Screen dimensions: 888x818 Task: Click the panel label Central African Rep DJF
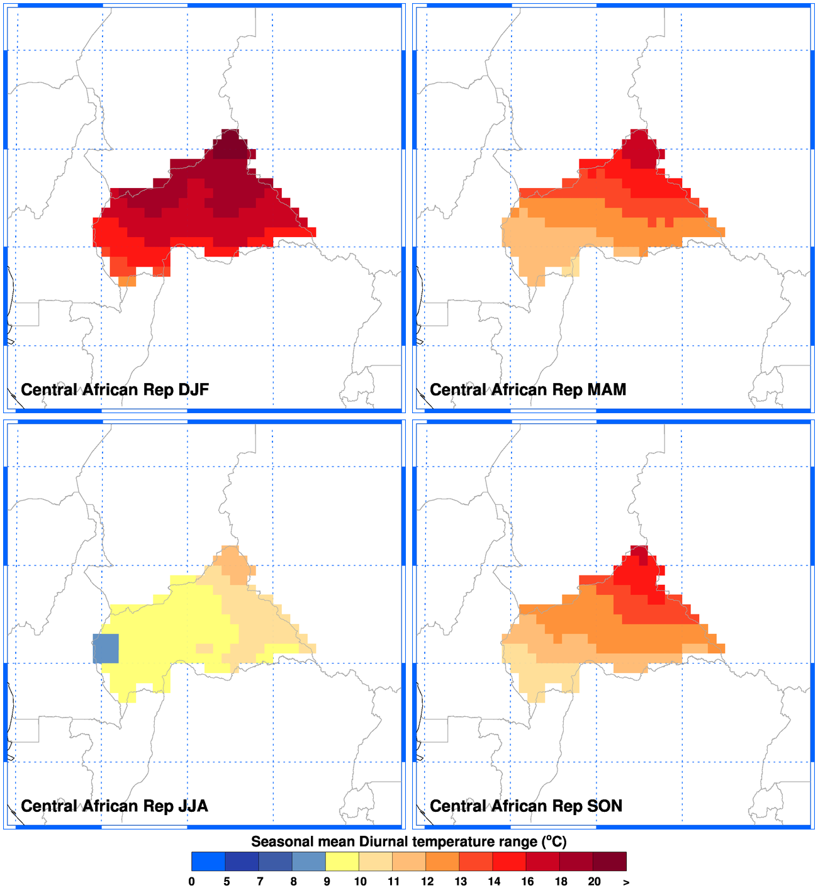[115, 390]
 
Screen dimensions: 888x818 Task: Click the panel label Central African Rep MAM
[527, 390]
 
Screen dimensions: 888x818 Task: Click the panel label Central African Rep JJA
[114, 806]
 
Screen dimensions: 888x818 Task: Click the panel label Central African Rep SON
[525, 806]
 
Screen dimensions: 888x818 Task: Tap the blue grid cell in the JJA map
[106, 648]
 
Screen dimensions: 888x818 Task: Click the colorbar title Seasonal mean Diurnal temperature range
[409, 841]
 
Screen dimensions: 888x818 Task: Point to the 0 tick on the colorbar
[191, 881]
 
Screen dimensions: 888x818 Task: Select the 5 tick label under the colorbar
[227, 881]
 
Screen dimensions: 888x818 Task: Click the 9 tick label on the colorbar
[327, 881]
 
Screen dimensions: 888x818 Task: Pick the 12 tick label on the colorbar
[427, 881]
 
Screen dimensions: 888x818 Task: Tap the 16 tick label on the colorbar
[527, 881]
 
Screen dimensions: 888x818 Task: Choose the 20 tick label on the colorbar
[594, 881]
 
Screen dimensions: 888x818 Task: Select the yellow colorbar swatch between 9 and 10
[342, 861]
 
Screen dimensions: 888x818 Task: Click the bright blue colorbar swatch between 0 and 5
[208, 861]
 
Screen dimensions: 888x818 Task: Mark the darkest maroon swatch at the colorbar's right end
[610, 861]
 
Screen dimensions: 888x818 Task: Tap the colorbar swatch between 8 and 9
[309, 861]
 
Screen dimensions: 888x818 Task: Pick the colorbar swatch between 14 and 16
[510, 861]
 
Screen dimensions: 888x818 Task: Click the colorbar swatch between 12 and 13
[442, 861]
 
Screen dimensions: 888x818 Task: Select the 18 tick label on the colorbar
[561, 881]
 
